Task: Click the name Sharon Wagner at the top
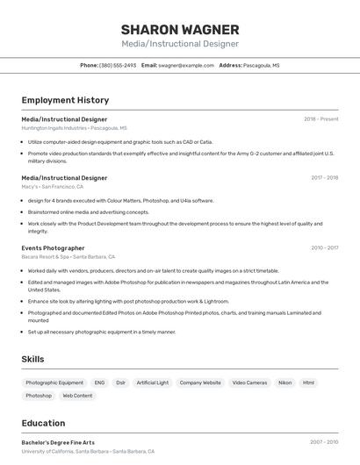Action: [179, 29]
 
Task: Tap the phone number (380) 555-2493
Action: [118, 65]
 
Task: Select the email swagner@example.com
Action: [186, 65]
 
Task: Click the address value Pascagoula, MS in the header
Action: [262, 65]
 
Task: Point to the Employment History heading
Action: [65, 100]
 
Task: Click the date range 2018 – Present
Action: [320, 118]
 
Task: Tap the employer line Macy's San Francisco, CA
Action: [52, 186]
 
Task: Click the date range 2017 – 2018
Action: [324, 177]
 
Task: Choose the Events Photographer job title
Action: [53, 247]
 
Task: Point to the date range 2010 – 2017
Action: [324, 247]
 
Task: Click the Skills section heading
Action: [32, 359]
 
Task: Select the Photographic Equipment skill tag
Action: [54, 383]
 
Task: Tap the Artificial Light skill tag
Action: [152, 383]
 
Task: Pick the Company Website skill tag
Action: [200, 383]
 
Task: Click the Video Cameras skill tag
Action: [249, 383]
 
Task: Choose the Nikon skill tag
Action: [284, 383]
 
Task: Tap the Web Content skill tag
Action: [77, 396]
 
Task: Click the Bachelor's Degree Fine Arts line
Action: [58, 442]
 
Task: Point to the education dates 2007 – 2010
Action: [324, 442]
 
